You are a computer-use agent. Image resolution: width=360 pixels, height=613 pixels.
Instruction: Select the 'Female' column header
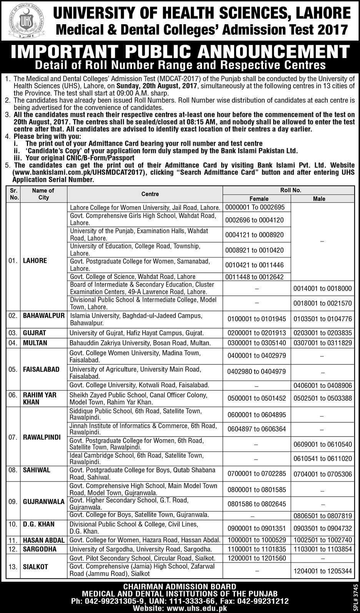(259, 199)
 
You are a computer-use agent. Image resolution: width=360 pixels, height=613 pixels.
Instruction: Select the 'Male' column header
(319, 199)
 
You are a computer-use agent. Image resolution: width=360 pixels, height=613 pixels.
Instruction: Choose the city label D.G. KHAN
(38, 524)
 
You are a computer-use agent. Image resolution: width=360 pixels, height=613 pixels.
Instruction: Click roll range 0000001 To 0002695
(255, 207)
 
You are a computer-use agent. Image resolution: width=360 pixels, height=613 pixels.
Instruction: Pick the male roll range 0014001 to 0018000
(322, 288)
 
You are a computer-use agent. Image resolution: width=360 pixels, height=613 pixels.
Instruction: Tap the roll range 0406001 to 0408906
(322, 385)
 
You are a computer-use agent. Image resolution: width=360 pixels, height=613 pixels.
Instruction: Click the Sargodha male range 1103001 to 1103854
(322, 549)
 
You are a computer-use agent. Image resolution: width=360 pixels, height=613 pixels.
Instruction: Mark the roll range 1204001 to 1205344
(322, 571)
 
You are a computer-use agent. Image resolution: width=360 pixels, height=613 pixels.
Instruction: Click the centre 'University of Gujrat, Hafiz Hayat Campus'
(137, 333)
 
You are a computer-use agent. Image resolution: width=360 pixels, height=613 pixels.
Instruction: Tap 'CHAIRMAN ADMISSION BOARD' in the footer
(180, 586)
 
